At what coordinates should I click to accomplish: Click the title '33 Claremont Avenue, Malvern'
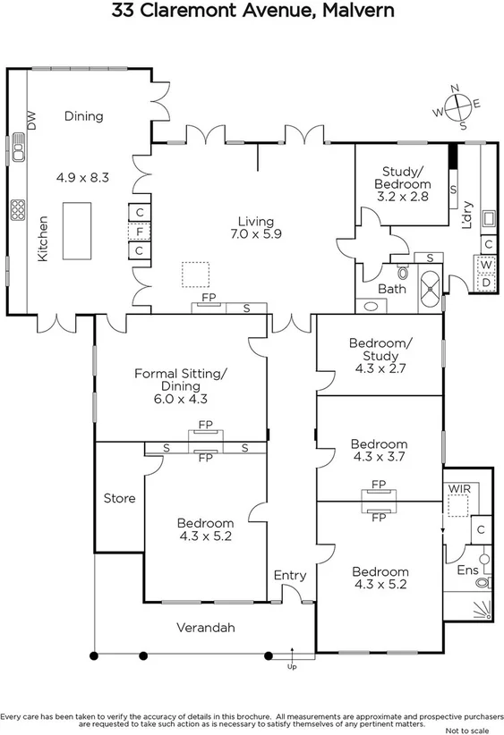click(x=252, y=12)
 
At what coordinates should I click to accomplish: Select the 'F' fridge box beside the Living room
click(x=140, y=232)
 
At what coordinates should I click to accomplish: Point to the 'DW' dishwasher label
click(x=31, y=121)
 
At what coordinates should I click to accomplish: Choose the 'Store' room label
click(x=119, y=498)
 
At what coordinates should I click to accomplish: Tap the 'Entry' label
click(x=289, y=575)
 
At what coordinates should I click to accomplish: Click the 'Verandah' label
click(x=206, y=628)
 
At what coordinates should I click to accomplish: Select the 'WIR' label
click(x=458, y=489)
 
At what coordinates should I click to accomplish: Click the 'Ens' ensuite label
click(x=467, y=570)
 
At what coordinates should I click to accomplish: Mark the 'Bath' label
click(x=391, y=289)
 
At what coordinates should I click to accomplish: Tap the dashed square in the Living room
click(x=196, y=274)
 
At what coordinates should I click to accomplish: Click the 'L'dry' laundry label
click(x=467, y=216)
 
